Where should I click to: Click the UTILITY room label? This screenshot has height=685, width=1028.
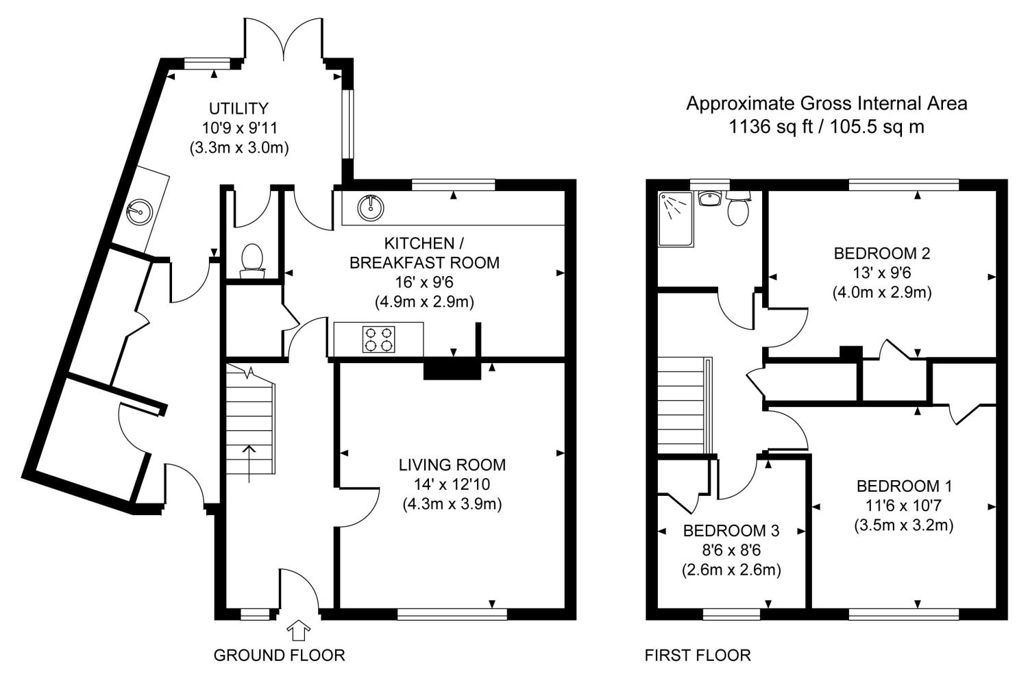click(238, 109)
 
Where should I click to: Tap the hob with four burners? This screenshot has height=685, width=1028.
click(378, 339)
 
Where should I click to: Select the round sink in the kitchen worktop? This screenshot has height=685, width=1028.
click(370, 208)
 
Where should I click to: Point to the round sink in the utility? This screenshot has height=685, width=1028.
click(138, 212)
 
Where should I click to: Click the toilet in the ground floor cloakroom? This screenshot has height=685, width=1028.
click(252, 260)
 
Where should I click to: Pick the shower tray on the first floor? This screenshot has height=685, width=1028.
click(676, 219)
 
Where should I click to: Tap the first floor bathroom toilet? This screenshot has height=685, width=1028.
click(738, 208)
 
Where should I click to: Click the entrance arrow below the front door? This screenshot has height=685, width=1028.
click(298, 630)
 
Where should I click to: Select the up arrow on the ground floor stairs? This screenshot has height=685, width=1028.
click(249, 463)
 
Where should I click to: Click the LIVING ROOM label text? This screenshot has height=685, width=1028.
click(452, 465)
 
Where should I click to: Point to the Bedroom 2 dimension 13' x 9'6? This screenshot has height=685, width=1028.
click(881, 273)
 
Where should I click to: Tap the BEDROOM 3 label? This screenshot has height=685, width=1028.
click(731, 531)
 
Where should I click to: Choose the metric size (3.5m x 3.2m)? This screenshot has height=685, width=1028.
click(904, 525)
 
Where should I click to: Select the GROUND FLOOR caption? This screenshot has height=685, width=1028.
click(279, 655)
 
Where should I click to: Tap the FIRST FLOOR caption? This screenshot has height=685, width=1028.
click(698, 655)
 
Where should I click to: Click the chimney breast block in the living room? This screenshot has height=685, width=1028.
click(452, 369)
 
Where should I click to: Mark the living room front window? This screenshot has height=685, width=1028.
click(452, 614)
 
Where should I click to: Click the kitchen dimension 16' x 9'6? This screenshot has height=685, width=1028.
click(424, 282)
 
